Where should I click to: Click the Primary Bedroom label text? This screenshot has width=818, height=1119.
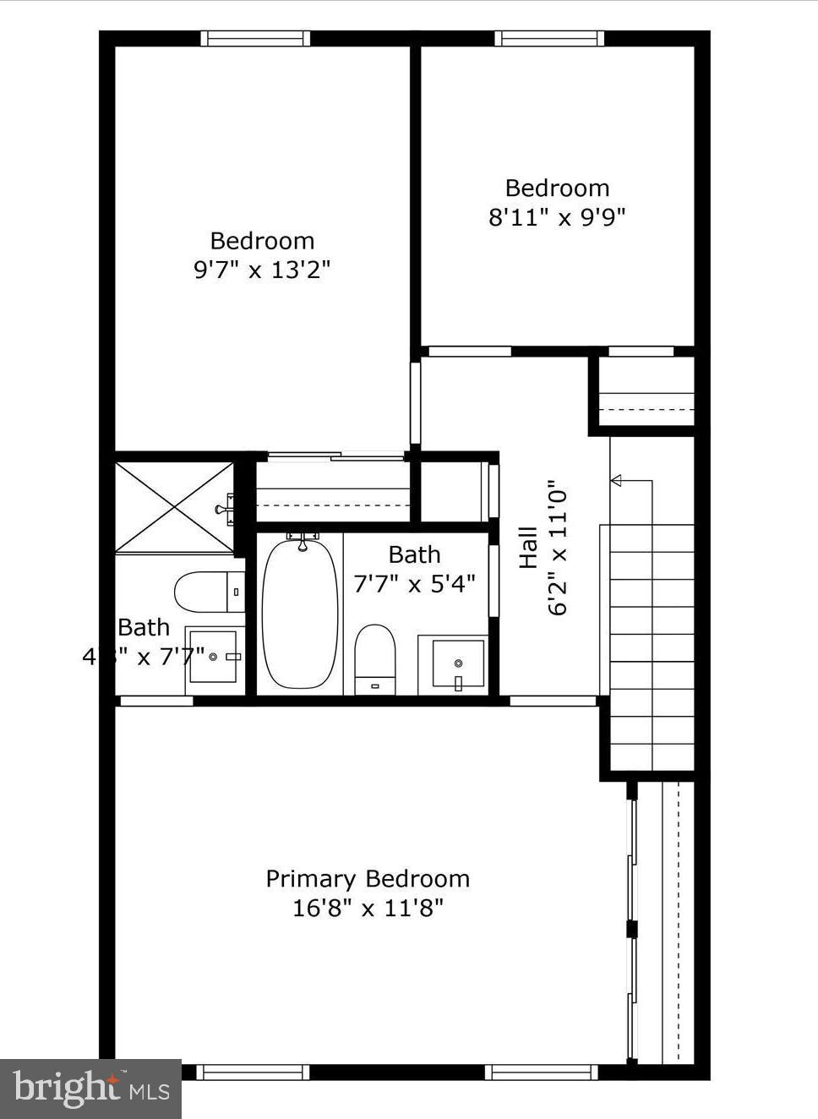click(368, 879)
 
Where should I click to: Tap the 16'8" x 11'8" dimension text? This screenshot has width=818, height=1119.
click(368, 909)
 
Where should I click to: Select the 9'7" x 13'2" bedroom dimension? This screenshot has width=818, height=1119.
click(262, 270)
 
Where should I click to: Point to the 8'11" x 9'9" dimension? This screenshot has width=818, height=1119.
click(557, 217)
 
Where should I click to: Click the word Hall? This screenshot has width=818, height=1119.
click(528, 548)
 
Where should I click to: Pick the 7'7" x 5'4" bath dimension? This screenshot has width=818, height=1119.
click(414, 584)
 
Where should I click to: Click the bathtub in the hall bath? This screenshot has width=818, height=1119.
click(299, 613)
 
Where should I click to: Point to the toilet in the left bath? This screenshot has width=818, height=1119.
click(208, 592)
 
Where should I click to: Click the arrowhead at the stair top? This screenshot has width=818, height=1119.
click(616, 481)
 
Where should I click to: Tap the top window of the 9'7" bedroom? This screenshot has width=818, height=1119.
click(255, 38)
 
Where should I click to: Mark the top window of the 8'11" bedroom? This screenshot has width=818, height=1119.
click(549, 38)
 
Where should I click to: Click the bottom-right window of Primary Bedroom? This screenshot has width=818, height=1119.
click(541, 1072)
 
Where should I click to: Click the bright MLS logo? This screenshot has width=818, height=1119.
click(90, 1089)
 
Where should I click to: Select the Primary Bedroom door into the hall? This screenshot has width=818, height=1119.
click(554, 701)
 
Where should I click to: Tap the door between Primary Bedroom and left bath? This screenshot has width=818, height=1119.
click(156, 701)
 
